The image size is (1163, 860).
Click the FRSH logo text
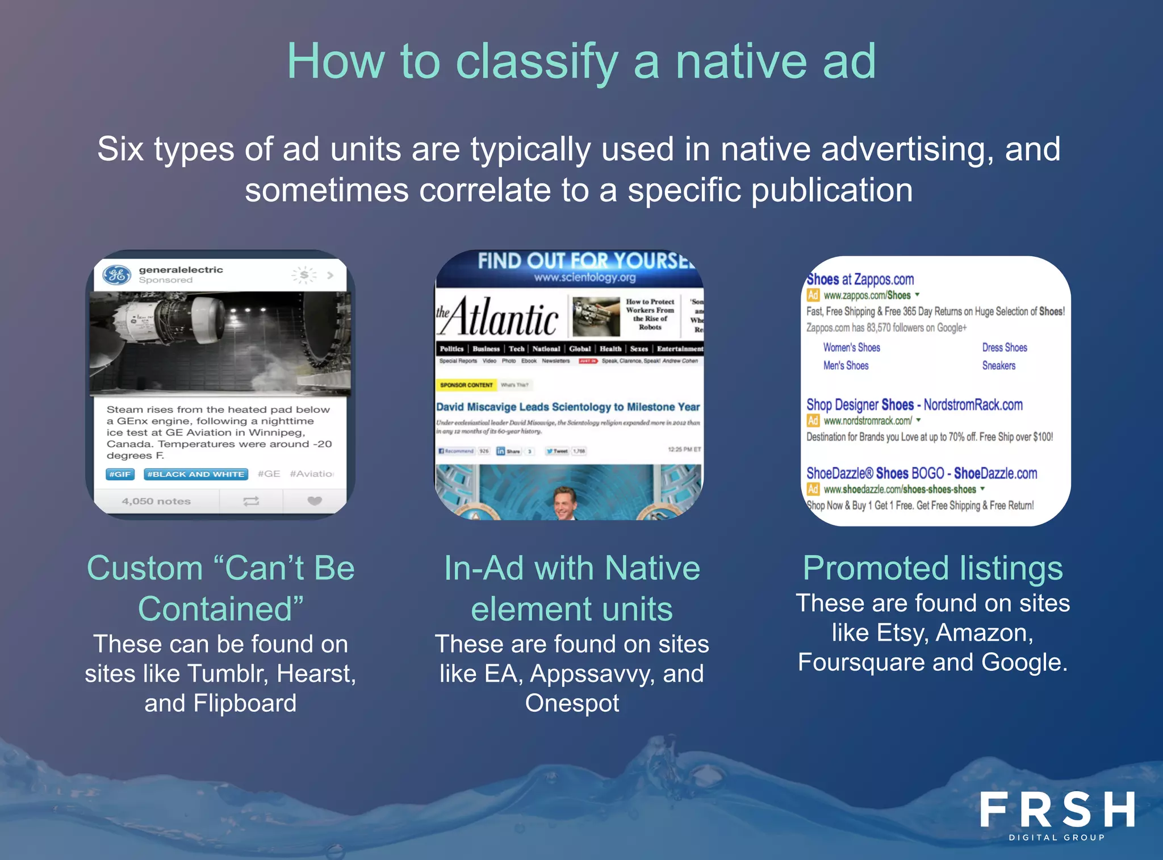point(1057,809)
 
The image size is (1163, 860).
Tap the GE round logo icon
point(117,275)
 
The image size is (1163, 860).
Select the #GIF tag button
point(120,474)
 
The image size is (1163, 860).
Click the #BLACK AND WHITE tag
point(196,474)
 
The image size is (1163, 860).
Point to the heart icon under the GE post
point(314,501)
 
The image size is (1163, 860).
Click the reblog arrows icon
point(251,501)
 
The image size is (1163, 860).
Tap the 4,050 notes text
point(156,501)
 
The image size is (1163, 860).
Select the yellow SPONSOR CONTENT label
point(466,385)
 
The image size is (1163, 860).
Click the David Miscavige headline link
point(568,407)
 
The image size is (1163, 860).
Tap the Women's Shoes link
point(851,348)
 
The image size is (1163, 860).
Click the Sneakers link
point(998,366)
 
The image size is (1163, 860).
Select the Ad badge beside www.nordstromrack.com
point(813,421)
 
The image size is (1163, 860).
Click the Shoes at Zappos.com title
point(860,279)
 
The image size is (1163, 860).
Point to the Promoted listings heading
point(932,568)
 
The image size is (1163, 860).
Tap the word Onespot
point(572,703)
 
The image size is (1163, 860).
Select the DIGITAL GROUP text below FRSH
point(1057,837)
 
